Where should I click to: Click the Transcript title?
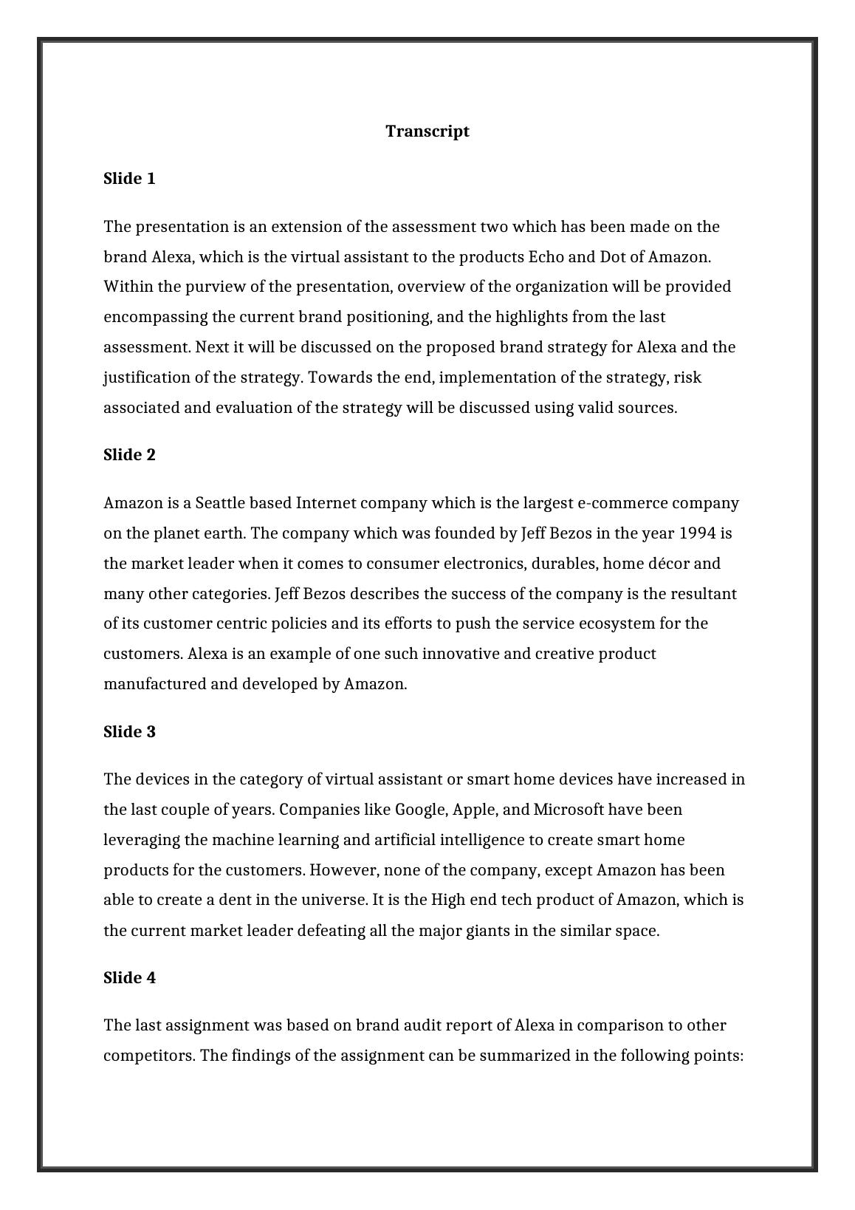coord(427,131)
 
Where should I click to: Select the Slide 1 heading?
coord(129,179)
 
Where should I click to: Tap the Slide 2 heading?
coord(129,455)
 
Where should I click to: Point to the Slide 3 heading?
coord(129,731)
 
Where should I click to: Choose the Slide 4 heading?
coord(129,978)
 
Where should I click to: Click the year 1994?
coord(697,533)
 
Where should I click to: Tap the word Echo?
coord(546,257)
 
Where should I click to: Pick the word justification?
coord(147,377)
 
